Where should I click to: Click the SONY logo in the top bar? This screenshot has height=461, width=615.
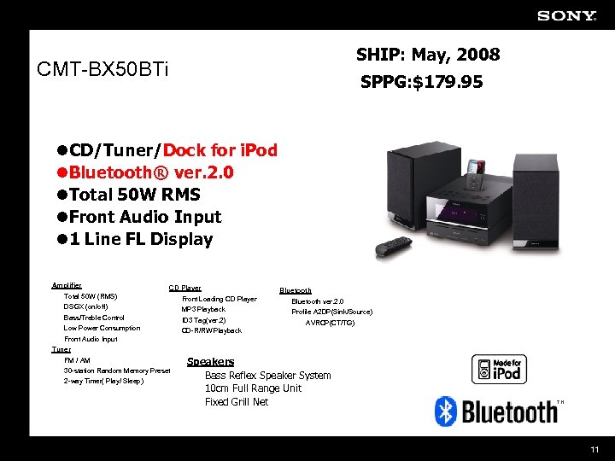tap(566, 15)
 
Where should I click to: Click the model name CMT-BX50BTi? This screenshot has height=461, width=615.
tap(103, 68)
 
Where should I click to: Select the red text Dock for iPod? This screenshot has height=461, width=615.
tap(220, 150)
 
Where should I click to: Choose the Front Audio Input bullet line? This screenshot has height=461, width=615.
tap(145, 217)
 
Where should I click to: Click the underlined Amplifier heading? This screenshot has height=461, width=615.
tap(67, 285)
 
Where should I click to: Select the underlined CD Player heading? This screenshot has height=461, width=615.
tap(184, 289)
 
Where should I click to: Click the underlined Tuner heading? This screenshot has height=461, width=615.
tap(61, 349)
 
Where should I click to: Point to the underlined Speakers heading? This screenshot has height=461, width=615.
tap(210, 362)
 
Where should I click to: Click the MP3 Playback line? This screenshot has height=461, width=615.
tap(204, 309)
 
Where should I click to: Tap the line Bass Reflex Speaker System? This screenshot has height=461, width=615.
tap(267, 376)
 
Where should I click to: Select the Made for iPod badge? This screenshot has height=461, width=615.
tap(499, 369)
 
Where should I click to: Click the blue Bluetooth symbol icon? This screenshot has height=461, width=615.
tap(444, 411)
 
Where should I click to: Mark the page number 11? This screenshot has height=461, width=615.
tap(594, 449)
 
